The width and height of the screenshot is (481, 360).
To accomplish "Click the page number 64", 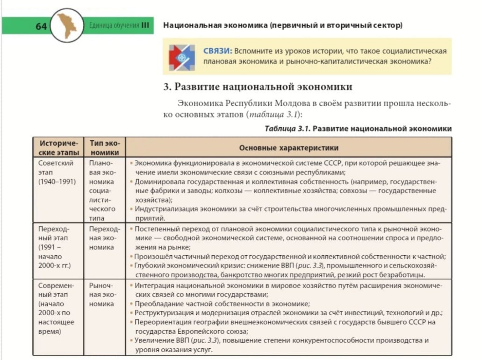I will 41,26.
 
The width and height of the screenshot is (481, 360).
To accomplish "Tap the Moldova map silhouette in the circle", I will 67,25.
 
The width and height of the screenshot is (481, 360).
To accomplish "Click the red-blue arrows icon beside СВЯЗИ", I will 182,57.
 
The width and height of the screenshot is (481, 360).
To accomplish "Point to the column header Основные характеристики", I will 288,148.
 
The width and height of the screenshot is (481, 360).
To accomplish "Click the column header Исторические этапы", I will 59,148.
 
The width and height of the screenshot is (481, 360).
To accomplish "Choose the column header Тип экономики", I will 105,148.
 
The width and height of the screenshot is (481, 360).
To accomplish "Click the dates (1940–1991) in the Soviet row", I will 57,182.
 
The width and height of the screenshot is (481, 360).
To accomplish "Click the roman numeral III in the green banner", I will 145,25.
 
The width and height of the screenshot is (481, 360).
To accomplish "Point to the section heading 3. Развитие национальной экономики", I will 258,87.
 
